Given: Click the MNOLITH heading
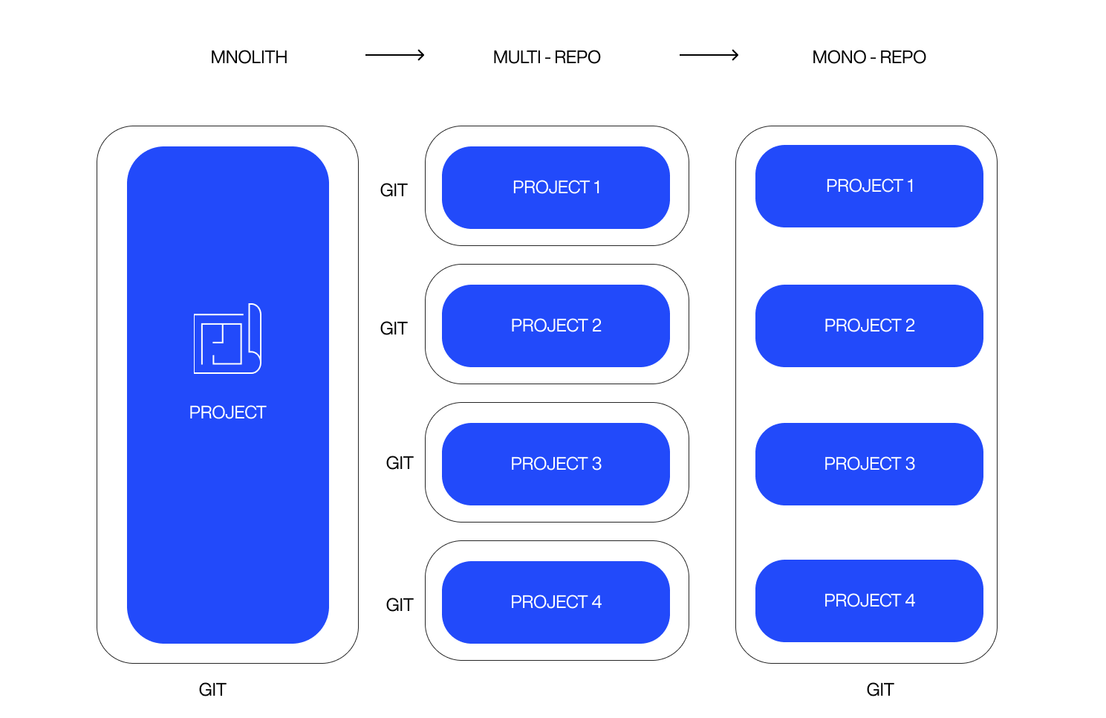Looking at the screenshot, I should (x=249, y=57).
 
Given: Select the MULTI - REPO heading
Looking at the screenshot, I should (x=547, y=57).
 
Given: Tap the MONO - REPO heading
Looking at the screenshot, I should (x=869, y=57).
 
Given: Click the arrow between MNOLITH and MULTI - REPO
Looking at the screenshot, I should (x=394, y=55).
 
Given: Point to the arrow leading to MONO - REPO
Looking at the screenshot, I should (x=709, y=55).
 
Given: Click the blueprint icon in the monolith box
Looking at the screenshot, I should (x=227, y=339).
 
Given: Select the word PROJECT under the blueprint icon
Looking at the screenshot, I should (x=227, y=413).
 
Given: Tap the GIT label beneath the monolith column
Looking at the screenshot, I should (x=212, y=690).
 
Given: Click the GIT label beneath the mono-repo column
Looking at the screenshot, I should (x=880, y=690).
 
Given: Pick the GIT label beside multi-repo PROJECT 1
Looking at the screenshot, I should (x=394, y=190).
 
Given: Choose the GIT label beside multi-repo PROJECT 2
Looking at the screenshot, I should (x=394, y=329).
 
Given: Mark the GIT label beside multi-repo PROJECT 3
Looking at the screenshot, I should (x=400, y=463).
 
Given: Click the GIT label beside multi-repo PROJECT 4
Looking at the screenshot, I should (x=400, y=605).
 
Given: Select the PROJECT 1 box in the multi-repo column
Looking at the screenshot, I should (x=556, y=187).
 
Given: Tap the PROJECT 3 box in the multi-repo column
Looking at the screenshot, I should (x=556, y=464).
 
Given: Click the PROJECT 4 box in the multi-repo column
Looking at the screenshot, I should (x=556, y=602).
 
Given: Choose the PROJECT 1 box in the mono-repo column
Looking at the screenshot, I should (x=869, y=186).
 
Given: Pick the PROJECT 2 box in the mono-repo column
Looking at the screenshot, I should (x=869, y=326).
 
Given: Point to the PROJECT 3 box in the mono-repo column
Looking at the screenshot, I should (x=869, y=464).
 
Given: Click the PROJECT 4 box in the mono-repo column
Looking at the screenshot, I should (x=869, y=601).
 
